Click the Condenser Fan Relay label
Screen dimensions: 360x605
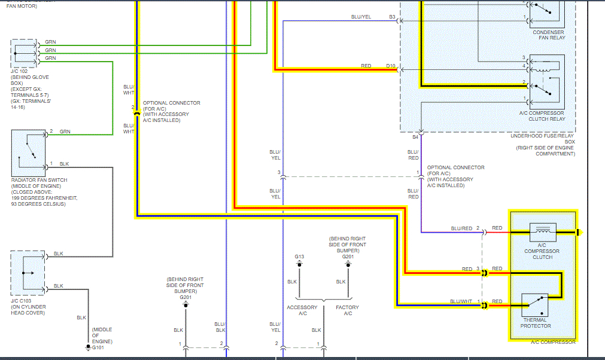pos(549,35)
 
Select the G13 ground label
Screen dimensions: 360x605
pos(299,257)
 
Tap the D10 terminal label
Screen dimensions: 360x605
pos(390,65)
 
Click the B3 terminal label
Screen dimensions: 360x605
pos(392,17)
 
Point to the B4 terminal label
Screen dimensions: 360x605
pos(415,138)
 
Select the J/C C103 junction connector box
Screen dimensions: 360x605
pos(28,273)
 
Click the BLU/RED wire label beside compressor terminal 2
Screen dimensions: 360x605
pos(461,228)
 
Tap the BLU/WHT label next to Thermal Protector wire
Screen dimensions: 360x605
pos(461,301)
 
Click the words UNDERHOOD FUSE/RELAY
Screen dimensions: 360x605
pos(542,136)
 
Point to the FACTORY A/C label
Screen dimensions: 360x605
pos(347,310)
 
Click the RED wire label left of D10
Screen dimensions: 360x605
pos(366,65)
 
